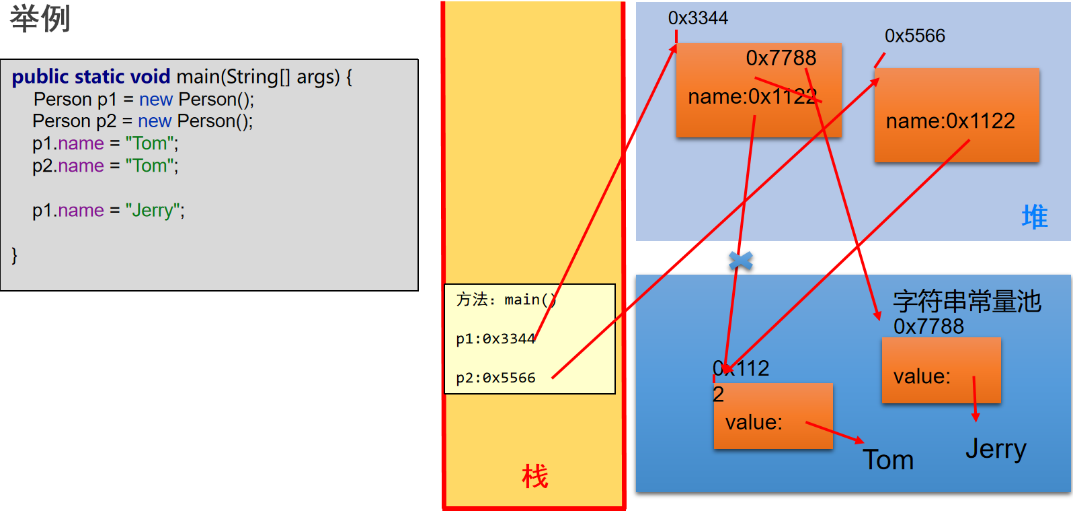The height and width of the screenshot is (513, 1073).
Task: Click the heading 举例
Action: click(40, 19)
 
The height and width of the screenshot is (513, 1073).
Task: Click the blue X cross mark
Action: click(741, 261)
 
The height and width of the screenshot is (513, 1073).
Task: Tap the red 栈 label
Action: click(534, 476)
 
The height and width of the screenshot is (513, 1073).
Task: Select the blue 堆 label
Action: click(1035, 217)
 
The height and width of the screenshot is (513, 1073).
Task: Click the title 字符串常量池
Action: click(967, 302)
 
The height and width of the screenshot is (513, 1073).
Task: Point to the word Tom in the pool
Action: click(888, 460)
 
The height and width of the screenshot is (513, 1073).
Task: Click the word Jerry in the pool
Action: click(996, 449)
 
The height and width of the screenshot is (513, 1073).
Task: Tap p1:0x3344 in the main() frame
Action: click(495, 339)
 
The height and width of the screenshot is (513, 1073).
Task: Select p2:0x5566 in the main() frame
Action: click(495, 378)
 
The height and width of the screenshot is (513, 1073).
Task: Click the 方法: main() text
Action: click(506, 300)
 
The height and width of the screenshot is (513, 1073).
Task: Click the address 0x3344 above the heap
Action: click(698, 18)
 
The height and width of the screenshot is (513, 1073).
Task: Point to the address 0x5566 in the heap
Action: click(915, 36)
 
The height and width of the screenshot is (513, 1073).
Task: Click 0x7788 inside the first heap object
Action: click(781, 58)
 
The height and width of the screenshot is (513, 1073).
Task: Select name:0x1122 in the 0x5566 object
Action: click(951, 121)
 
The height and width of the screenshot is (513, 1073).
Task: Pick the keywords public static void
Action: click(91, 77)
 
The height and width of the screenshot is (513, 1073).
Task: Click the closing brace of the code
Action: click(14, 255)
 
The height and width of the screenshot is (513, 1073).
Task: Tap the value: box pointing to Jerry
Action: click(941, 370)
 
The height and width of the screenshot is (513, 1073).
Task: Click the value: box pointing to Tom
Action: click(773, 416)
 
